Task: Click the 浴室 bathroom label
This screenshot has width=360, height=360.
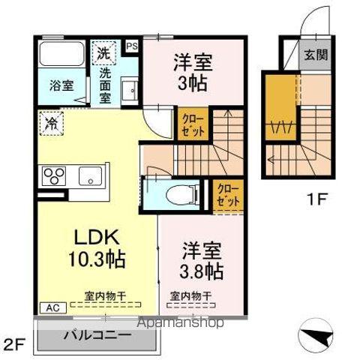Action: [x=61, y=84]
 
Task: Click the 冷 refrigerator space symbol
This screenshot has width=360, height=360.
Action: [x=51, y=119]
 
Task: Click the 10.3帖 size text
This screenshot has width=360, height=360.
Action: [x=98, y=260]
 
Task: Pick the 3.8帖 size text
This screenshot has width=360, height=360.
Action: [x=199, y=270]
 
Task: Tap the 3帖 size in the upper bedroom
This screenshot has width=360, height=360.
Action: [x=193, y=83]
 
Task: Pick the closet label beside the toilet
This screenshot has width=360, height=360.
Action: [x=229, y=195]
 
